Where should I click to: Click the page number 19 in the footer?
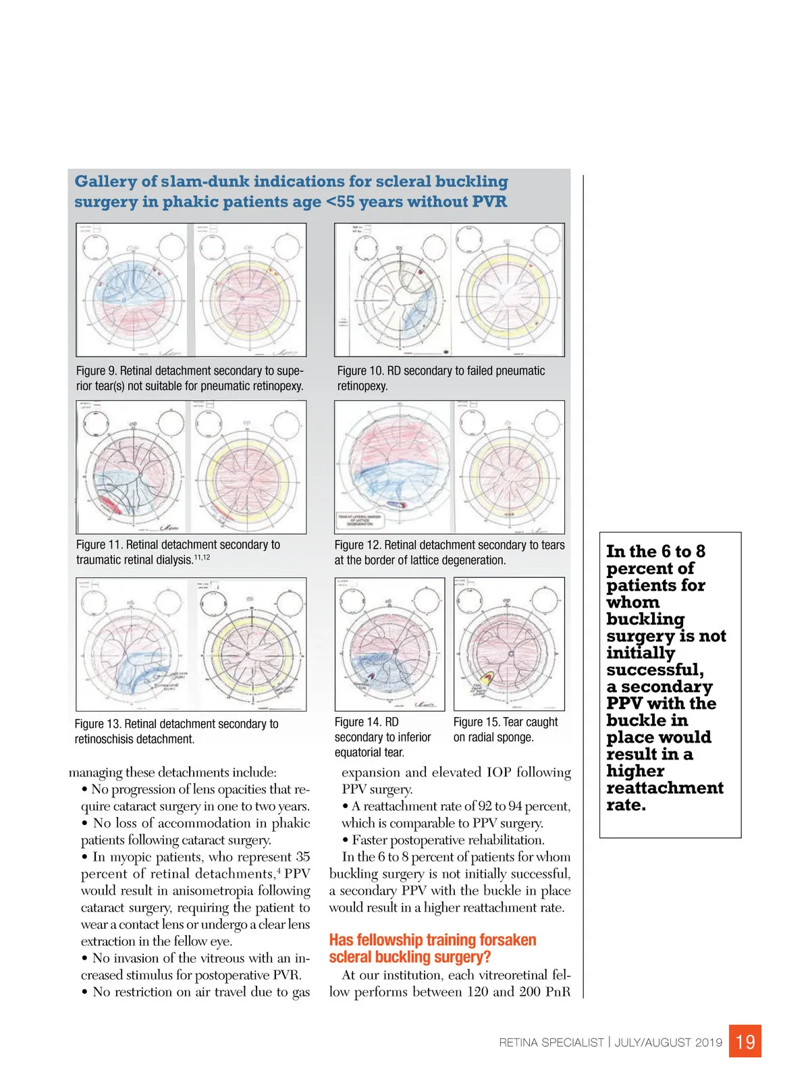pos(745,1042)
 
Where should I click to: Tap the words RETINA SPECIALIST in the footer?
pos(551,1042)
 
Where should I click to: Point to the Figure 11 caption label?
pos(99,545)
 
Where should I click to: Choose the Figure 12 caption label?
pos(358,545)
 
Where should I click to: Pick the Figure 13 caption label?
pos(98,724)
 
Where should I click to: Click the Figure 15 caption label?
pos(477,722)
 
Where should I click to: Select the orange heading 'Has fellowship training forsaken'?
pos(432,940)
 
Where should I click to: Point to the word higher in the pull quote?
pos(635,771)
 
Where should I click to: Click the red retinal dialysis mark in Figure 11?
pos(109,506)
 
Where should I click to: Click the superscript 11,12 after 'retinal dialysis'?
pos(202,558)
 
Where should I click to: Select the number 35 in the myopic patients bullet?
pos(302,857)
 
